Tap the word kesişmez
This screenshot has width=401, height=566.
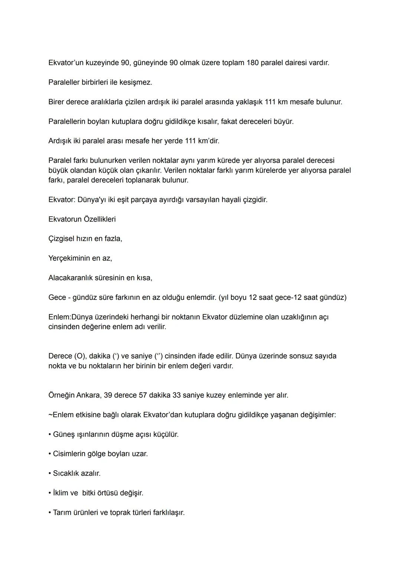pyautogui.click(x=136, y=82)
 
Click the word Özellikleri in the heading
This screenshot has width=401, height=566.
pyautogui.click(x=100, y=219)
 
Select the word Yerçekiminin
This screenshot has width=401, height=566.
pyautogui.click(x=69, y=258)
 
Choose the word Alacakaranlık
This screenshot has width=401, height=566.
pyautogui.click(x=73, y=278)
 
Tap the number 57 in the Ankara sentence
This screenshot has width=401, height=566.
pyautogui.click(x=143, y=395)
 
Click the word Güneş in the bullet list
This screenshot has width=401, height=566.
pyautogui.click(x=63, y=435)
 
